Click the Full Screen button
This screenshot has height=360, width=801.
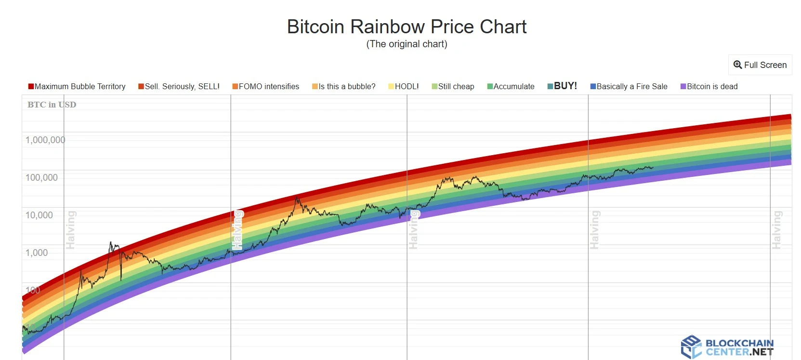(760, 65)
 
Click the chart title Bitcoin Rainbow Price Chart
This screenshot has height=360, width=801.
(407, 27)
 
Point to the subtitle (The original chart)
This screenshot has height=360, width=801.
(407, 44)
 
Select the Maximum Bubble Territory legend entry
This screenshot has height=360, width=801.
(77, 87)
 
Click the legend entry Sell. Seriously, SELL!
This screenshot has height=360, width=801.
(179, 87)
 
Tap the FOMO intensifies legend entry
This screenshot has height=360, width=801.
(266, 87)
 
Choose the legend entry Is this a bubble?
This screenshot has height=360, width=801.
(344, 87)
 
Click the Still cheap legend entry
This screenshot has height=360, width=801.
(453, 87)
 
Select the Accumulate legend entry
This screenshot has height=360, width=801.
(511, 87)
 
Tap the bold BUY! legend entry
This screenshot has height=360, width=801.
(563, 86)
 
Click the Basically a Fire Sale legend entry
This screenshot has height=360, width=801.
(629, 87)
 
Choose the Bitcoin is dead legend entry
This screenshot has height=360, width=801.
(709, 87)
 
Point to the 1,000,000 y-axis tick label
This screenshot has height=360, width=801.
(45, 140)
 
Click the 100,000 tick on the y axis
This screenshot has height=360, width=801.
(41, 178)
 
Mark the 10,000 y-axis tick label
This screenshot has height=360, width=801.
(39, 215)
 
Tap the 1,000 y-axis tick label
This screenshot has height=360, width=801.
(37, 253)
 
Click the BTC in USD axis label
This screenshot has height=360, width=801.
(52, 105)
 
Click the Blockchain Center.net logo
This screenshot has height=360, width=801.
(727, 347)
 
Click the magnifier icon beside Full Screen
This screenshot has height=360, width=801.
(737, 65)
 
